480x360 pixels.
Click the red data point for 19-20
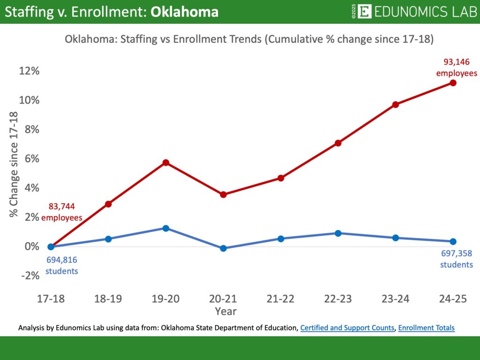pos(165,163)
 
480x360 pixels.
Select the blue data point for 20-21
pos(223,248)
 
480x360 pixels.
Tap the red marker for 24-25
pos(453,83)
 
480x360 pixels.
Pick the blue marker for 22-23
pos(338,233)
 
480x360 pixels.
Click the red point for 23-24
pos(395,105)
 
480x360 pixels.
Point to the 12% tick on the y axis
pos(29,71)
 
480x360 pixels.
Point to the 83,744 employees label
pos(62,212)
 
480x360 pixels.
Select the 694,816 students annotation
pos(62,265)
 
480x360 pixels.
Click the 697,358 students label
pos(457,259)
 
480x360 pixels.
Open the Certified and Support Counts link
pos(347,328)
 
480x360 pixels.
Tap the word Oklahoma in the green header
pos(184,12)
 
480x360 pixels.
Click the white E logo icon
pos(364,11)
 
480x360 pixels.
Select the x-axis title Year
pos(226,311)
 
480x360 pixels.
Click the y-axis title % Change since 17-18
pos(14,164)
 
